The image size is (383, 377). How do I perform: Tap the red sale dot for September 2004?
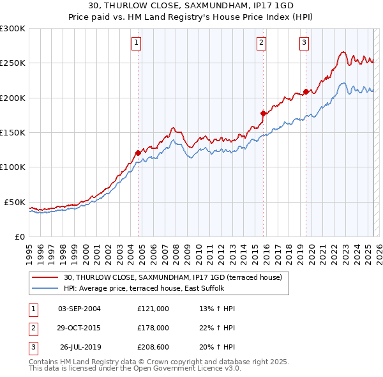[138, 153]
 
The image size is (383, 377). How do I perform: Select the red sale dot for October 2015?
[263, 113]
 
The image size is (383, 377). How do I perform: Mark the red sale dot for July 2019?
[306, 92]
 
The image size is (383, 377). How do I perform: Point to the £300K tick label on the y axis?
[13, 29]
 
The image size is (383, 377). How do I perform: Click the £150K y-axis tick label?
[13, 132]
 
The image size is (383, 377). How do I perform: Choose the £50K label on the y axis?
[15, 202]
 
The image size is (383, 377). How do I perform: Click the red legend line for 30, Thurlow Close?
[45, 277]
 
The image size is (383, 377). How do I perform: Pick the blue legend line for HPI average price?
[45, 288]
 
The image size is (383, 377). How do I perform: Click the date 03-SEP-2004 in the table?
[79, 309]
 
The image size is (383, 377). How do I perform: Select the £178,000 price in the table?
[153, 328]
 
